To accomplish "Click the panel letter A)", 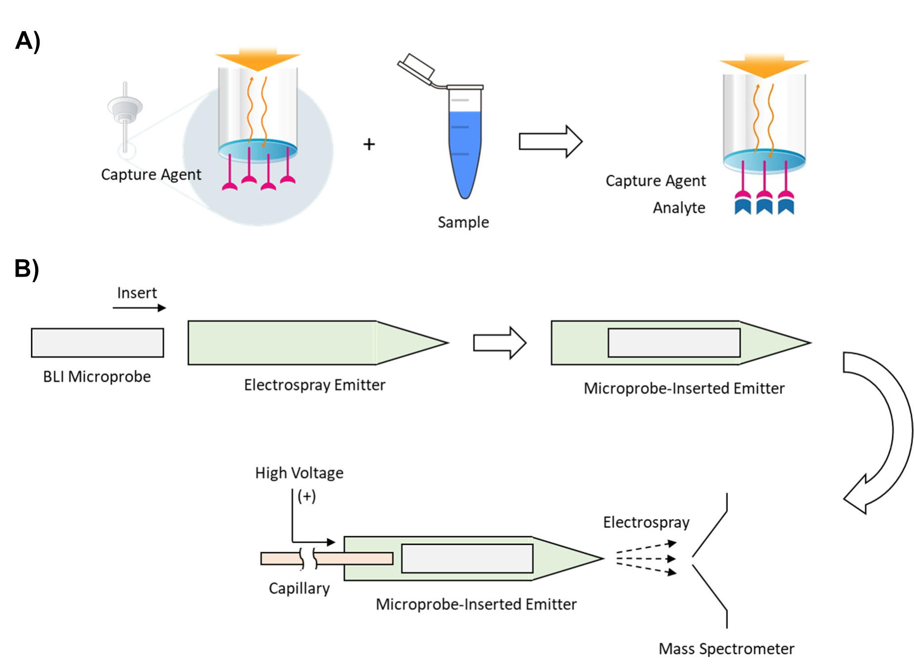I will [28, 41].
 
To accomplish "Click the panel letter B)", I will [27, 269].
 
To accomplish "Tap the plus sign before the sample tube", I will [369, 144].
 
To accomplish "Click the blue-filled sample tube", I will [465, 148].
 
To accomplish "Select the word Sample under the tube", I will [463, 222].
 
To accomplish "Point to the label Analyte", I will [679, 208].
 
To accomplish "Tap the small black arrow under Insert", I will [139, 308].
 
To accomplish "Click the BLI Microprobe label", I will [97, 377].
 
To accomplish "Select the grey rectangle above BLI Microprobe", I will [97, 342].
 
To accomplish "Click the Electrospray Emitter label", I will [315, 385].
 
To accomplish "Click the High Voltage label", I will [299, 473].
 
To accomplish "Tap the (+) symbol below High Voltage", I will [307, 496].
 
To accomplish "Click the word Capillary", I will [299, 588].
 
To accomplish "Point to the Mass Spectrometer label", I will [726, 649].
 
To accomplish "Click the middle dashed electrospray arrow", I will [645, 559].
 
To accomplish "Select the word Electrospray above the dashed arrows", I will [646, 523].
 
